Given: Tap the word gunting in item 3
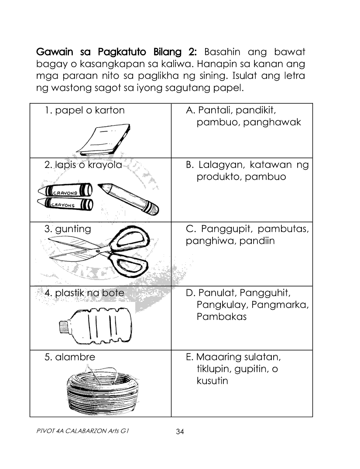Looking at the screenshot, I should pyautogui.click(x=73, y=229).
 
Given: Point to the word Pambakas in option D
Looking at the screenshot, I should pyautogui.click(x=221, y=316).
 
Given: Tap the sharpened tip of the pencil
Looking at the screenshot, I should pyautogui.click(x=101, y=186).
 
